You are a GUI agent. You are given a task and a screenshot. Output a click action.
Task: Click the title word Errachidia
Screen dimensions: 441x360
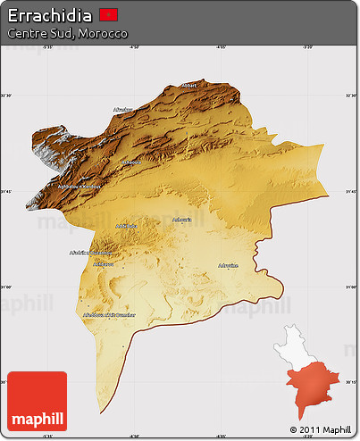(x=48, y=14)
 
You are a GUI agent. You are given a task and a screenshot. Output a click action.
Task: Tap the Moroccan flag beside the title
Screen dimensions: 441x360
(x=109, y=14)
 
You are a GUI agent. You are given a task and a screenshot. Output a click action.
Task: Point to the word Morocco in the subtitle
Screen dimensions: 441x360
(x=105, y=33)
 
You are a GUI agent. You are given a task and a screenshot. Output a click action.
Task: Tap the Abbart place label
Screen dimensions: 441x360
(x=188, y=86)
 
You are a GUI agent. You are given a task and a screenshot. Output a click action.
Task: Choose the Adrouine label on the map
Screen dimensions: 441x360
(x=229, y=265)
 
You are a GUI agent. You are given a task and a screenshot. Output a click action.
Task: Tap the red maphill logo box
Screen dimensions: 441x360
(x=37, y=401)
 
